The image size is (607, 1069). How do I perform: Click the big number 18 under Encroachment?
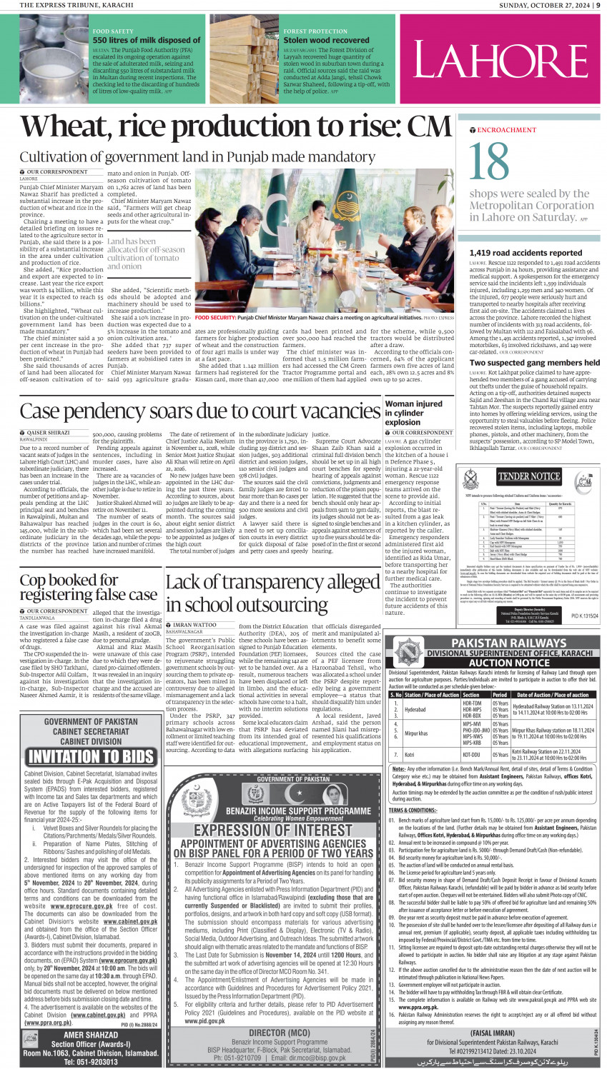(x=490, y=162)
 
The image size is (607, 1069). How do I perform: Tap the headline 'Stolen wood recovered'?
(x=326, y=41)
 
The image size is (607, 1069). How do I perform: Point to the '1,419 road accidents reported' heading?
(x=525, y=253)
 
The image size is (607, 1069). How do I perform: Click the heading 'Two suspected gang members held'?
(x=534, y=363)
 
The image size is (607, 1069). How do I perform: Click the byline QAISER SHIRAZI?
(x=48, y=433)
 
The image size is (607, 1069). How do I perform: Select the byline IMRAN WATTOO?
(x=194, y=625)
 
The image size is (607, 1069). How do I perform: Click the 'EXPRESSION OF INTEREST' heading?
(x=273, y=830)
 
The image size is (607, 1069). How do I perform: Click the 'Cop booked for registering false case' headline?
(x=88, y=588)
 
